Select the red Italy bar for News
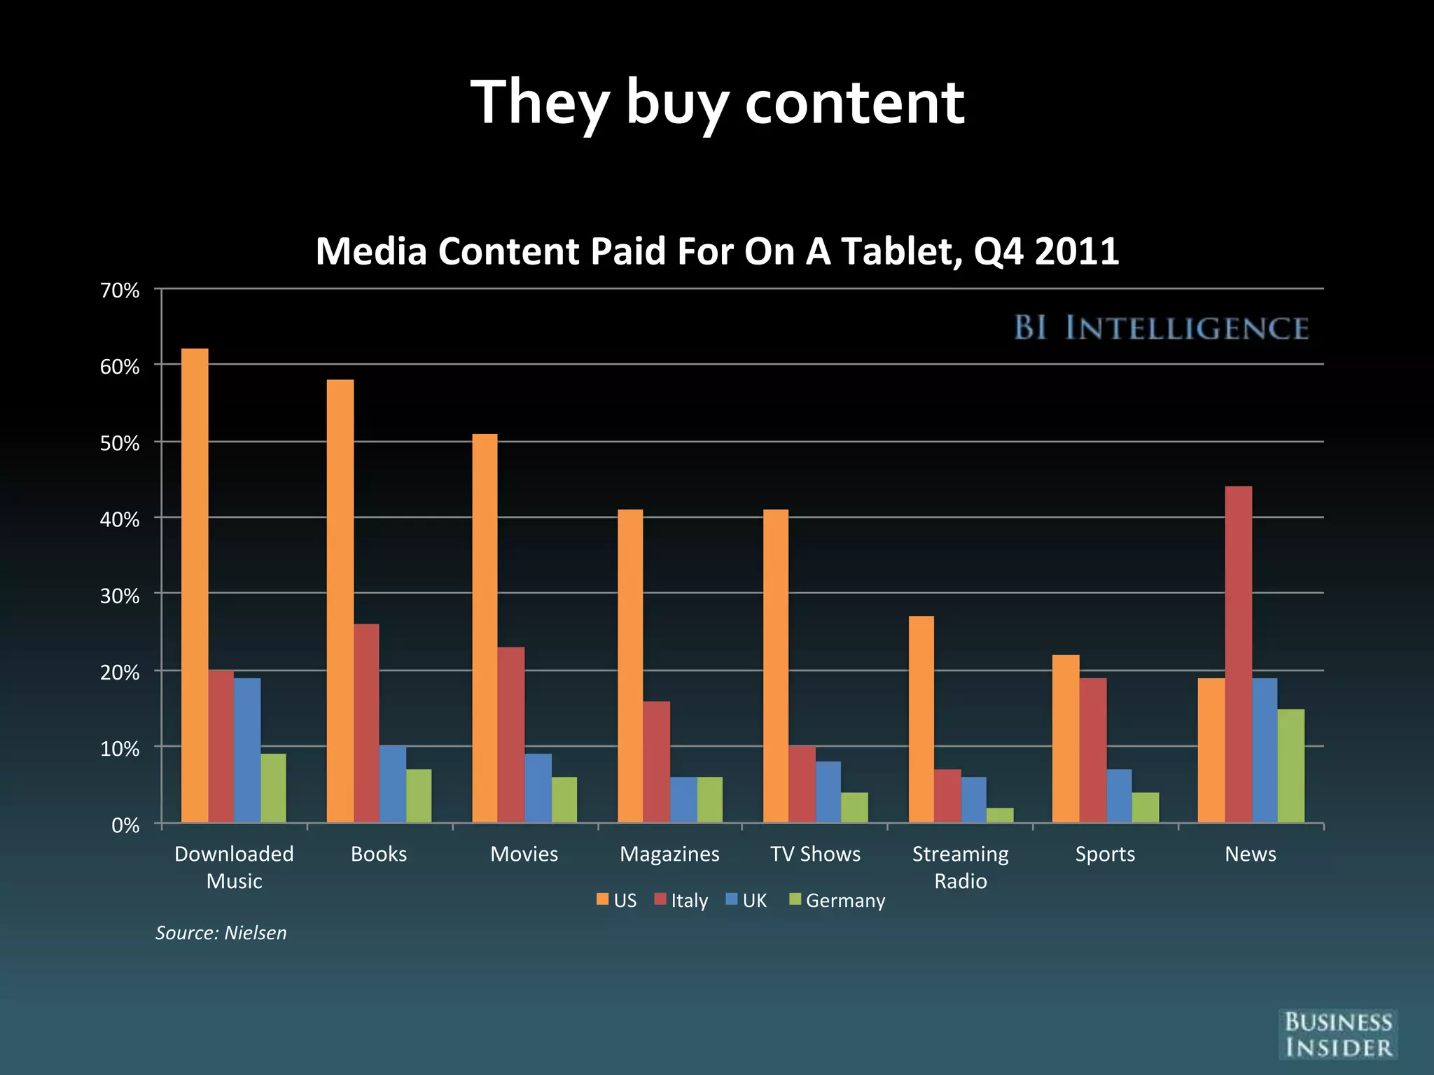point(1238,654)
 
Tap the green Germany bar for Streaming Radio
point(999,815)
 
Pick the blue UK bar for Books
point(392,784)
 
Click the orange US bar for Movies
point(485,628)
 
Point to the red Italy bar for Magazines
point(656,761)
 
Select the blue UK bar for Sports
point(1119,796)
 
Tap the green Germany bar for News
point(1290,766)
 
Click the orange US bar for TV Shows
point(775,666)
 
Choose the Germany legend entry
point(837,900)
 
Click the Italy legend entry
point(681,900)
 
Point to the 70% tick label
point(120,290)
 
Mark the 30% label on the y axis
point(120,596)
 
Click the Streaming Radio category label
point(960,867)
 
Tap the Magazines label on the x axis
point(669,854)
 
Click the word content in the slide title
point(854,103)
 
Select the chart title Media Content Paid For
point(717,251)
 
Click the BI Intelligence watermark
point(1161,328)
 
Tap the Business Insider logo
point(1337,1034)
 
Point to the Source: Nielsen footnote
point(221,933)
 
